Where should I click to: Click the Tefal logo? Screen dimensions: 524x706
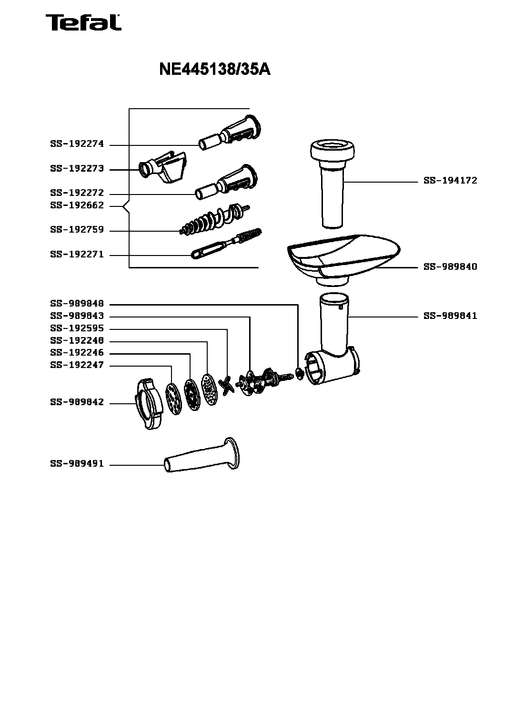click(x=83, y=22)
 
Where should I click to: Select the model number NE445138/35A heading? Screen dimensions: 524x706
click(x=215, y=70)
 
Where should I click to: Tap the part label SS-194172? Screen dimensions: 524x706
click(x=450, y=181)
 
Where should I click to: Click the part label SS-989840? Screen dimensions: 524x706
click(x=450, y=267)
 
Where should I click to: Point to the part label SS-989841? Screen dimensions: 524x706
click(x=450, y=316)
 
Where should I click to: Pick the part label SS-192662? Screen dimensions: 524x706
click(x=77, y=205)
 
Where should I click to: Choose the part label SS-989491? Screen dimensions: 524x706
click(x=77, y=464)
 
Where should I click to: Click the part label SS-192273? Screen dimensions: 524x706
click(x=77, y=168)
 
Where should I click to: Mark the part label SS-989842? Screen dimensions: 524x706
click(x=77, y=402)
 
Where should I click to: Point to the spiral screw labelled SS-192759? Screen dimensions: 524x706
click(x=215, y=220)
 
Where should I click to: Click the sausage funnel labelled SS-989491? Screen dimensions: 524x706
click(x=202, y=455)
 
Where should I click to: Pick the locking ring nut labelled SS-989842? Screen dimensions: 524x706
click(x=149, y=404)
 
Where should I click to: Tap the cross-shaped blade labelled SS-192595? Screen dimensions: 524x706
click(x=227, y=386)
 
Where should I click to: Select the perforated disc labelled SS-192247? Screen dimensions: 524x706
click(x=173, y=399)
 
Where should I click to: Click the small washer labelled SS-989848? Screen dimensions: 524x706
click(x=299, y=373)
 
